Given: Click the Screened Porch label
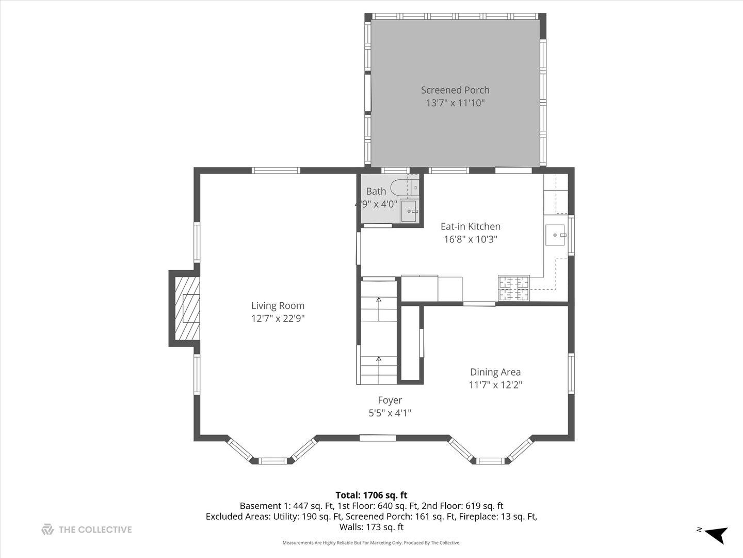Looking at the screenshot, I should click(x=455, y=90).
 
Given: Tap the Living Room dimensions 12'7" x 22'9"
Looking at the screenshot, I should click(x=278, y=318).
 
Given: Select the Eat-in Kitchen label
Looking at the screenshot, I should click(x=470, y=226).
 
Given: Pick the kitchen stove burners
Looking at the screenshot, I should click(x=513, y=288).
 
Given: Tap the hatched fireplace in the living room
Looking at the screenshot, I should click(x=187, y=308).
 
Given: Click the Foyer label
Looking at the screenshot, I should click(x=390, y=400).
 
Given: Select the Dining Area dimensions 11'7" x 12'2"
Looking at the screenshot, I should click(x=495, y=384).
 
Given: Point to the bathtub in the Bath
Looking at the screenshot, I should click(x=401, y=187).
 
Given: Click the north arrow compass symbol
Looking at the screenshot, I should click(x=716, y=534).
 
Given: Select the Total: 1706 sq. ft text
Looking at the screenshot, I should click(x=371, y=495).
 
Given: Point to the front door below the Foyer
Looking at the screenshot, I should click(x=378, y=438).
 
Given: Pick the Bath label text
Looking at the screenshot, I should click(x=376, y=191).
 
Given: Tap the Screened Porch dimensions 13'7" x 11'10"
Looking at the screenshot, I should click(x=455, y=103).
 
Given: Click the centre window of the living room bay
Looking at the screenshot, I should click(x=272, y=460).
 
